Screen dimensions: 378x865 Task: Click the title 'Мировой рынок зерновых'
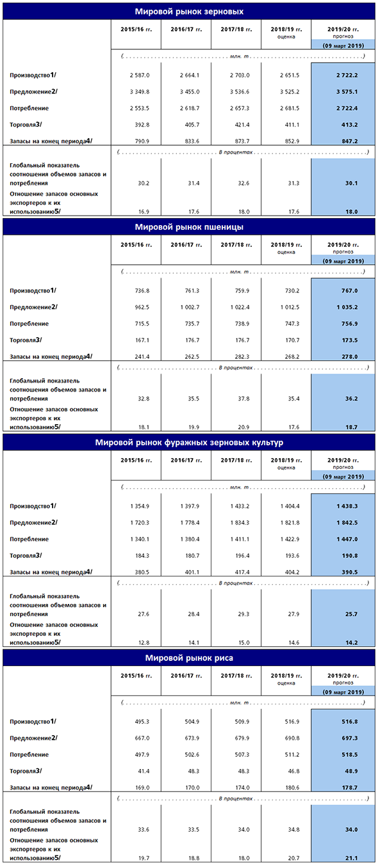click(189, 12)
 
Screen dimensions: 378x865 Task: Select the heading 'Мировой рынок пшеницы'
click(189, 227)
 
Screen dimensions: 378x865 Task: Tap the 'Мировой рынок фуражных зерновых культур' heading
click(189, 443)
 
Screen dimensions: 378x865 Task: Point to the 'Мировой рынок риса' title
click(189, 658)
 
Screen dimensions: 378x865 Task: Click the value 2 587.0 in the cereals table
click(140, 75)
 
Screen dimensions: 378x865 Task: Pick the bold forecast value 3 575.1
click(347, 92)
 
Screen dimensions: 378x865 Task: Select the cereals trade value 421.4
click(242, 125)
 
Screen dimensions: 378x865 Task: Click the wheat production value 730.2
click(292, 290)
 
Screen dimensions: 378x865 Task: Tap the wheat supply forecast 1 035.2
click(347, 307)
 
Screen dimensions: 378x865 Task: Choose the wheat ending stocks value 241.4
click(142, 357)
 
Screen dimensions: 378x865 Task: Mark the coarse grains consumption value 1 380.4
click(190, 539)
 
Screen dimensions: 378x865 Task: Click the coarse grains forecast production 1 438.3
click(347, 506)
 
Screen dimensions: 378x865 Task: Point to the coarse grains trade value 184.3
click(142, 556)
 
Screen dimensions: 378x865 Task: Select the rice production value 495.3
click(142, 722)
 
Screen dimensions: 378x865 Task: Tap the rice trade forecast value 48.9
click(351, 771)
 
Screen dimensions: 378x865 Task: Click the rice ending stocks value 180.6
click(292, 788)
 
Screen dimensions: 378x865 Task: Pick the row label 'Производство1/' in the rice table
click(33, 721)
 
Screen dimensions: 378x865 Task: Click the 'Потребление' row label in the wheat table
click(29, 324)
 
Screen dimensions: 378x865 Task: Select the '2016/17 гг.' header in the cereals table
click(186, 29)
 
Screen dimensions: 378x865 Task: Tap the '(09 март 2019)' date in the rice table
click(343, 692)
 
